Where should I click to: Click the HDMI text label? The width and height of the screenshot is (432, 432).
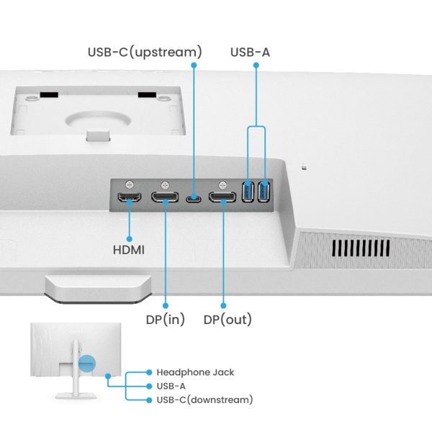point(129,250)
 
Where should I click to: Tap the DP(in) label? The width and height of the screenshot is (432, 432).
point(165,319)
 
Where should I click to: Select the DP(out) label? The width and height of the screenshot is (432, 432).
point(228,319)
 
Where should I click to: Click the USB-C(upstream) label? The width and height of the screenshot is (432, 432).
point(144,52)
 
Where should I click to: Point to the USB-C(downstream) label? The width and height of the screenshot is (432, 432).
point(204,399)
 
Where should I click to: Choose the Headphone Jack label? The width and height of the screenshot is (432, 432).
point(195,372)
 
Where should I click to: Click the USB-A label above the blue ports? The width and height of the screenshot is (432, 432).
point(250,52)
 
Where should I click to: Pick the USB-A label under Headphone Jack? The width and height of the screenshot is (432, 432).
point(171,386)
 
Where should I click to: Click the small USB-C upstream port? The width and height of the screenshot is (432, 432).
point(193,198)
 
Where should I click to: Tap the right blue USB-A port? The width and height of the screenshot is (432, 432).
point(264,193)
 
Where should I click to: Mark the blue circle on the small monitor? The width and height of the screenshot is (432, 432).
point(86,364)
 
